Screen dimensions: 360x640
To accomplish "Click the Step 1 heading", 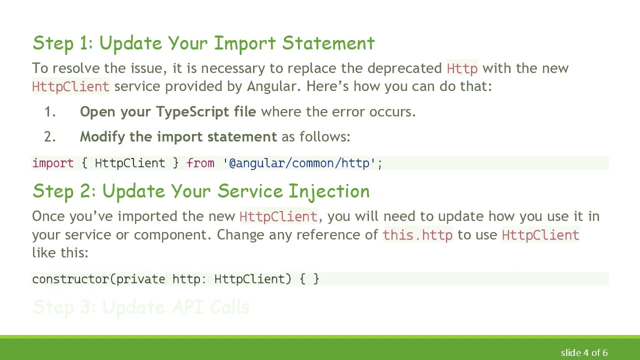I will tap(203, 43).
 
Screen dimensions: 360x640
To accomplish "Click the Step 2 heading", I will tap(200, 191).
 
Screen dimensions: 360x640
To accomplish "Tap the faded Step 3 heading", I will tap(140, 307).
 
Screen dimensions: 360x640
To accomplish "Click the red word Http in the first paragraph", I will tap(462, 68).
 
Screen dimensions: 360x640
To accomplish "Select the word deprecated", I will tap(404, 68).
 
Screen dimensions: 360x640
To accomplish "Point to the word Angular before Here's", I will tap(272, 86).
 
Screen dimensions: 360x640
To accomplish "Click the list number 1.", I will tap(49, 112).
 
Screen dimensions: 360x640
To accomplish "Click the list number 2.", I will tap(49, 137).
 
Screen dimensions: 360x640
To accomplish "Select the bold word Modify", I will tap(102, 137).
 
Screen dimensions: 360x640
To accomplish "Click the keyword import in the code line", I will tap(52, 163).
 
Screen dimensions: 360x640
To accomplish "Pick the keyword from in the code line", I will tap(200, 163).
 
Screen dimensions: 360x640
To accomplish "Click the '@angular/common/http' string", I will tap(299, 163).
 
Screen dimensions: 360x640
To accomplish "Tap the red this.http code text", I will tap(417, 235).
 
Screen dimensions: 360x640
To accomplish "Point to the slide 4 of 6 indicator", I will tap(584, 353).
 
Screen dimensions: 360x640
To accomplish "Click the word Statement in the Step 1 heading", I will tap(328, 43).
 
